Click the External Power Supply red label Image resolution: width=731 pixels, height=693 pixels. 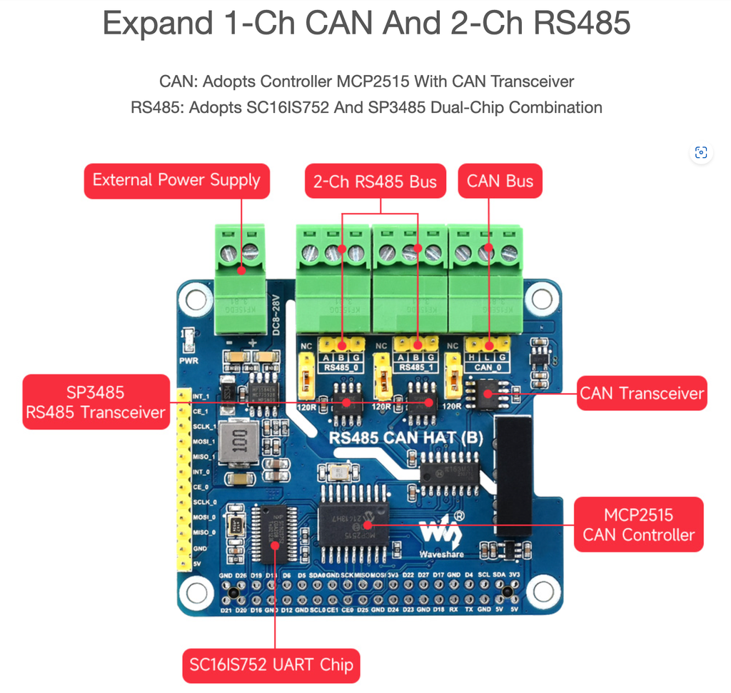point(176,181)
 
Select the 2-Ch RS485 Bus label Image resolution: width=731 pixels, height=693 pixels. point(375,181)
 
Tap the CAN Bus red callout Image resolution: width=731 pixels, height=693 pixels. point(500,181)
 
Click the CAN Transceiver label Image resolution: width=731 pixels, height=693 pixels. point(641,393)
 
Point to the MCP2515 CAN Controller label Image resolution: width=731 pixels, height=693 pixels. point(638,524)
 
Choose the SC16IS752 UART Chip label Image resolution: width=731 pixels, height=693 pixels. point(271,665)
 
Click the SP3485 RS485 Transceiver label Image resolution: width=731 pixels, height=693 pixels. point(96,402)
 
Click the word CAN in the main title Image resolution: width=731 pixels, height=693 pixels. point(337,23)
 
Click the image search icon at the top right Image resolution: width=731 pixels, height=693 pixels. point(701,152)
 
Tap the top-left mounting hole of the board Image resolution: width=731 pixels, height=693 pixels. point(195,299)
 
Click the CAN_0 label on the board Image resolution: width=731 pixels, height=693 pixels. point(483,367)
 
